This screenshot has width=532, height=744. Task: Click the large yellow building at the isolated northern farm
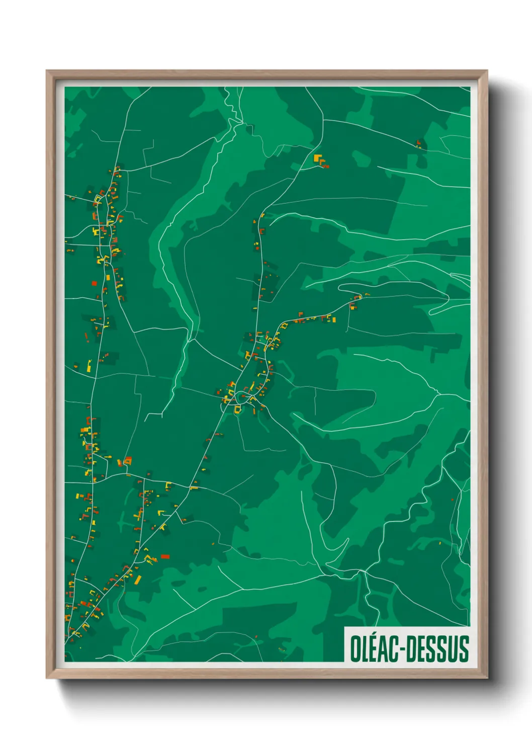coord(317,158)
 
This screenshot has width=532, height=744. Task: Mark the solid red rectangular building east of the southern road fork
coord(164,556)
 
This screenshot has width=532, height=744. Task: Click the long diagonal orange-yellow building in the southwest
coord(137,580)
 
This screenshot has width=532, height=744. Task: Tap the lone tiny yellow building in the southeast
coord(439,543)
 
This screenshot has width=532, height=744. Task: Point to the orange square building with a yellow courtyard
coord(128,460)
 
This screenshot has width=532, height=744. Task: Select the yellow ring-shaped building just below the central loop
coord(237,409)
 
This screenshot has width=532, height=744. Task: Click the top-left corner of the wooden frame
coord(47,71)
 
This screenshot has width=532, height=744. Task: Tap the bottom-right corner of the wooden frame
coord(487,678)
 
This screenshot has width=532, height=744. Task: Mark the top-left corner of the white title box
coord(345,627)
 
